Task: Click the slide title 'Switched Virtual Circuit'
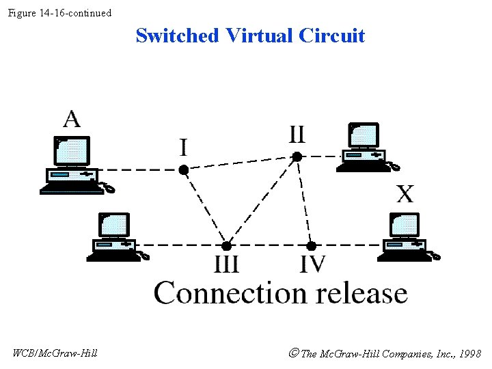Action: (x=250, y=36)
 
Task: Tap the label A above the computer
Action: (x=72, y=119)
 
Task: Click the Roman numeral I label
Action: (x=184, y=147)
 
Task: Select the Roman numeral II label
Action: (x=297, y=134)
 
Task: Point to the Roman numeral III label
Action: (x=227, y=264)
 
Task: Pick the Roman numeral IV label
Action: (x=312, y=264)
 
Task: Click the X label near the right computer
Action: (x=405, y=194)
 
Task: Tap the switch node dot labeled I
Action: (x=184, y=169)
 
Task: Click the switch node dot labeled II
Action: (x=297, y=156)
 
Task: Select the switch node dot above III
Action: (x=226, y=245)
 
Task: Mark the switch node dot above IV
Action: (x=311, y=245)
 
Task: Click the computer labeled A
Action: (x=74, y=165)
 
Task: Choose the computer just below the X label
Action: (x=406, y=237)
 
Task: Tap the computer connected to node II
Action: (x=365, y=148)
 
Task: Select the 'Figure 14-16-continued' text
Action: (x=59, y=13)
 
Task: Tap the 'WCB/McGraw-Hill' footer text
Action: (x=55, y=353)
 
